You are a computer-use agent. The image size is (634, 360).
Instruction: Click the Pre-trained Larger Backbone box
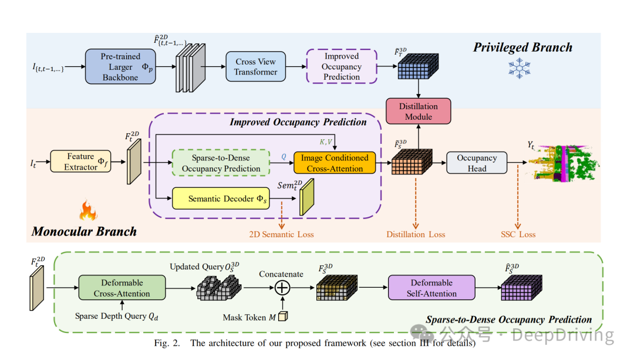pyautogui.click(x=121, y=66)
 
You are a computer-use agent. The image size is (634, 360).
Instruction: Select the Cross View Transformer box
pyautogui.click(x=255, y=66)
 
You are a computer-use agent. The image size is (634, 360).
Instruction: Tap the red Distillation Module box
pyautogui.click(x=418, y=111)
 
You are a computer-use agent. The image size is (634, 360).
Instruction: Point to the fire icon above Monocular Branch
pyautogui.click(x=87, y=210)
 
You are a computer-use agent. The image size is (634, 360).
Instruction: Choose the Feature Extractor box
pyautogui.click(x=80, y=162)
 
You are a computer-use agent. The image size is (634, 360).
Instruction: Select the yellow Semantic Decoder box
pyautogui.click(x=221, y=199)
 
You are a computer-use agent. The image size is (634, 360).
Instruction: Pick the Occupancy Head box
pyautogui.click(x=477, y=163)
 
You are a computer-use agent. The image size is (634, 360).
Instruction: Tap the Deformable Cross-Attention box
pyautogui.click(x=122, y=288)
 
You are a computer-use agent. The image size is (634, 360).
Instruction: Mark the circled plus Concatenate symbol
pyautogui.click(x=282, y=288)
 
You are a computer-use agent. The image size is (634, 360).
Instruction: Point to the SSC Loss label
pyautogui.click(x=518, y=234)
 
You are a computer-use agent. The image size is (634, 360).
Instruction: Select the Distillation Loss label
pyautogui.click(x=416, y=234)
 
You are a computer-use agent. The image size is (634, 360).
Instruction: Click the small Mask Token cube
pyautogui.click(x=282, y=317)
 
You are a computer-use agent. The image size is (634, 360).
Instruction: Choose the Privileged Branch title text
pyautogui.click(x=522, y=47)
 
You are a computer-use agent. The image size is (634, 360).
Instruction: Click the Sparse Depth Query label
pyautogui.click(x=117, y=316)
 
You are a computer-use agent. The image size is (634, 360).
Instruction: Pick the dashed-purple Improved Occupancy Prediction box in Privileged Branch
pyautogui.click(x=341, y=66)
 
